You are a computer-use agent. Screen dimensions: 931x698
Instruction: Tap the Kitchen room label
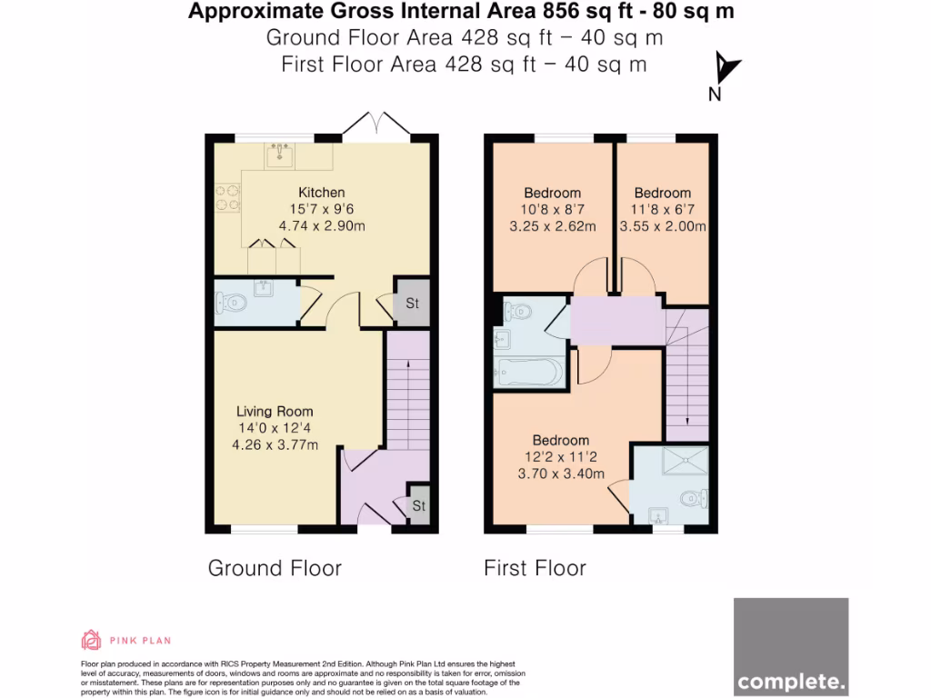click(x=321, y=193)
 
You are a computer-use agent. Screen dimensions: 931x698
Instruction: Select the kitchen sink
click(x=279, y=155)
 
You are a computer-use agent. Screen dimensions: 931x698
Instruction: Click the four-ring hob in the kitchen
click(x=227, y=197)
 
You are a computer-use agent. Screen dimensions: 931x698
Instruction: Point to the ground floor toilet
click(x=230, y=304)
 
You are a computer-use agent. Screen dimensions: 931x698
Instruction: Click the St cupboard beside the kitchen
click(x=412, y=303)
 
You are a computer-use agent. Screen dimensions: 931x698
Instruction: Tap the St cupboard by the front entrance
click(x=419, y=505)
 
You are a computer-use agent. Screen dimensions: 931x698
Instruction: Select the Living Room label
click(x=275, y=412)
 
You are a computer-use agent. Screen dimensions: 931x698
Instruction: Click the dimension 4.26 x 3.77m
click(x=275, y=444)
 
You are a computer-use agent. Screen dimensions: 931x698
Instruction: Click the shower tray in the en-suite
click(x=686, y=461)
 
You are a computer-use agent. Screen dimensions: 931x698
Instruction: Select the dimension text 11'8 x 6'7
click(x=663, y=210)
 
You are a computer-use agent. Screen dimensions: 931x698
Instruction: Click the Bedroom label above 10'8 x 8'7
click(x=552, y=193)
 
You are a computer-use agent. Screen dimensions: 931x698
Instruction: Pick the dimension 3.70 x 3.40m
click(x=561, y=474)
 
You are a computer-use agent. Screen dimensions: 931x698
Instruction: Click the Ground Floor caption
click(x=275, y=568)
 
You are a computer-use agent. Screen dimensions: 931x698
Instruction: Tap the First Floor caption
click(x=535, y=568)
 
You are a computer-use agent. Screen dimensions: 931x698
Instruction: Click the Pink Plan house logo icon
click(x=91, y=640)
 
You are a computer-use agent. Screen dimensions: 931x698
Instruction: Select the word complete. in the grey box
click(x=791, y=682)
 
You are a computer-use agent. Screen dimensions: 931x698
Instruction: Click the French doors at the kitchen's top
click(x=376, y=124)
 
